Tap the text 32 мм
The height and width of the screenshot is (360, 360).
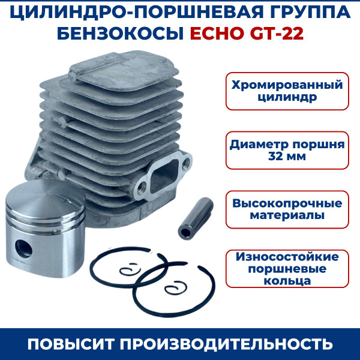coord(287,157)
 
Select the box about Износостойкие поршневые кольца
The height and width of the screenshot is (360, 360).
coord(287,268)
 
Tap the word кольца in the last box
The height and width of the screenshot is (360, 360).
coord(287,280)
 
